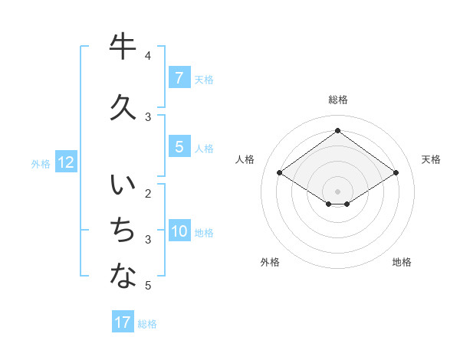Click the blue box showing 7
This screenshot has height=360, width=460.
pyautogui.click(x=179, y=78)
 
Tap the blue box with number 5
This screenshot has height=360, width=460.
pyautogui.click(x=179, y=147)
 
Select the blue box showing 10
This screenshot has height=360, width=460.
pyautogui.click(x=179, y=231)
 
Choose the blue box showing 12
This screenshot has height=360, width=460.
pyautogui.click(x=65, y=162)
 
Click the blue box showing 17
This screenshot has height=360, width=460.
pyautogui.click(x=123, y=322)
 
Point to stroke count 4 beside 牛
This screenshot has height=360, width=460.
pyautogui.click(x=148, y=56)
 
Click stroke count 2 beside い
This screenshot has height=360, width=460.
pyautogui.click(x=148, y=193)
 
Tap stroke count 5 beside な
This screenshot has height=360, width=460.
pyautogui.click(x=148, y=286)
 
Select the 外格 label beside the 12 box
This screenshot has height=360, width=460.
pyautogui.click(x=41, y=163)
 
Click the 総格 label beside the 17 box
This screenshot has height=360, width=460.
pyautogui.click(x=147, y=324)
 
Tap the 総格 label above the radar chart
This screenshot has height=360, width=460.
pyautogui.click(x=337, y=100)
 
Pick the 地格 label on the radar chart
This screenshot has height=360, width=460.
pyautogui.click(x=402, y=262)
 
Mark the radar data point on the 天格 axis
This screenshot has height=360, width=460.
pyautogui.click(x=396, y=173)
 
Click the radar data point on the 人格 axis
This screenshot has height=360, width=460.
pyautogui.click(x=280, y=173)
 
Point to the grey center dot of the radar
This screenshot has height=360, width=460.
pyautogui.click(x=337, y=191)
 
